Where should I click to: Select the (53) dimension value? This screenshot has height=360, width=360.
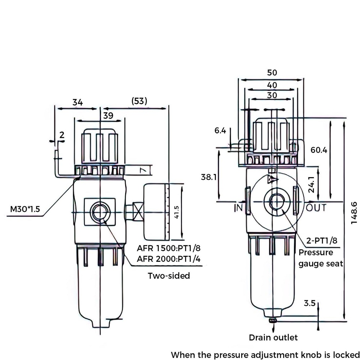click(x=139, y=102)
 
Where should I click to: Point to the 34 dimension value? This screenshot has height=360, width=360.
click(x=77, y=102)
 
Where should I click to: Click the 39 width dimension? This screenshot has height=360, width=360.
click(x=108, y=116)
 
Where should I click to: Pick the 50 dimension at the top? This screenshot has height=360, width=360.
click(x=272, y=72)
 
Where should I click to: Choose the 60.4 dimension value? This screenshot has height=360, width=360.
click(x=319, y=150)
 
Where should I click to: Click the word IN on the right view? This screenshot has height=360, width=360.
click(x=238, y=208)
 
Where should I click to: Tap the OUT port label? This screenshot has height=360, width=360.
click(x=316, y=208)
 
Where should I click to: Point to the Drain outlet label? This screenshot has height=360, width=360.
click(x=274, y=337)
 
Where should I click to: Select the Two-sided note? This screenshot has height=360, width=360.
click(x=169, y=276)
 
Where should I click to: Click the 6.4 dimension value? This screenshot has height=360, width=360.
click(x=220, y=131)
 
